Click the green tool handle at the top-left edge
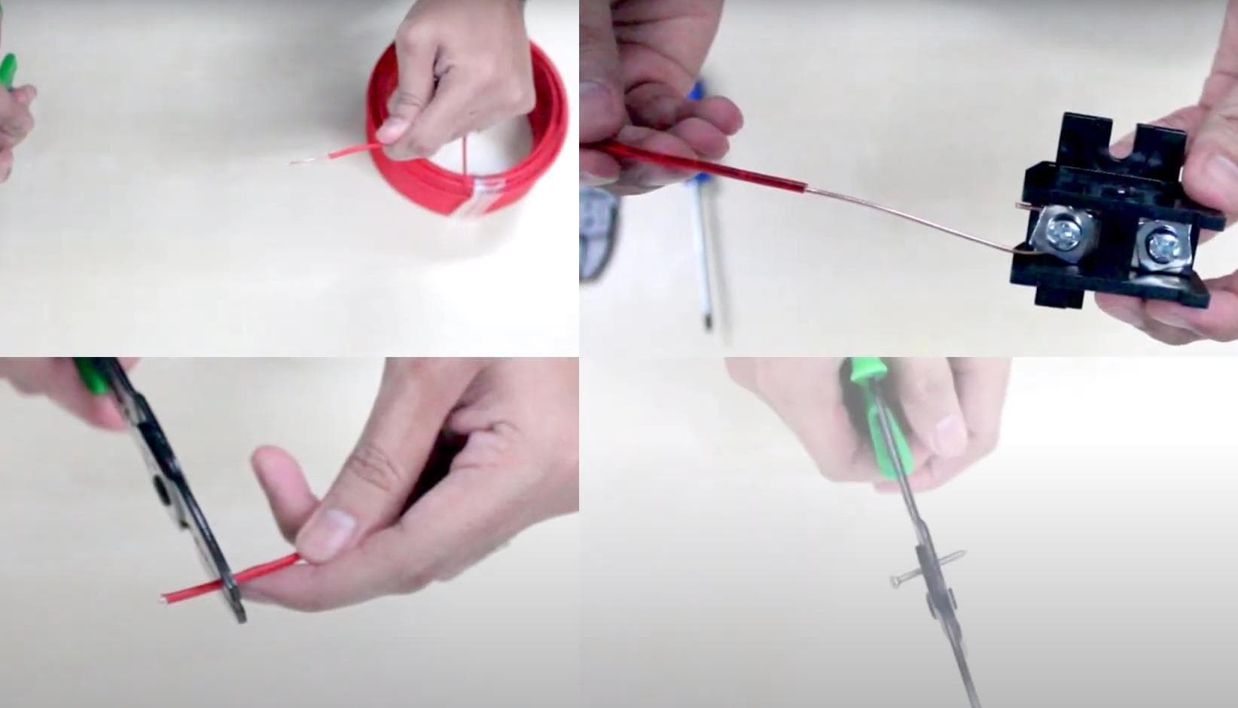click(x=8, y=72)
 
